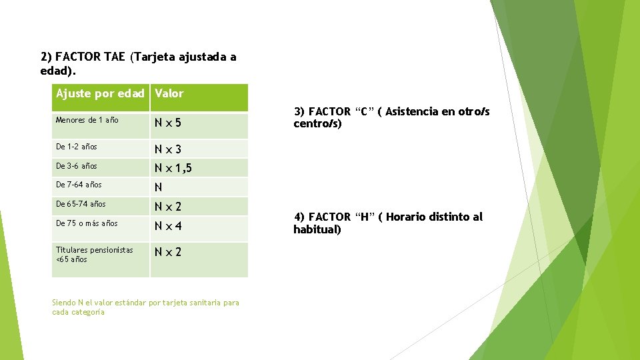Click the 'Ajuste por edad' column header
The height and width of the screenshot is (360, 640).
pyautogui.click(x=100, y=93)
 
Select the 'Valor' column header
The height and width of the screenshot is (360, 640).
pyautogui.click(x=169, y=93)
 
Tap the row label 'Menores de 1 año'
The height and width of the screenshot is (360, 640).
pyautogui.click(x=87, y=120)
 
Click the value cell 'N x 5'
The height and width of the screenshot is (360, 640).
pyautogui.click(x=168, y=123)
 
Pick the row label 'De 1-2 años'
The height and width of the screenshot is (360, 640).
pyautogui.click(x=76, y=146)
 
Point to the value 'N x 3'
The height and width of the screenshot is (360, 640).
pyautogui.click(x=168, y=149)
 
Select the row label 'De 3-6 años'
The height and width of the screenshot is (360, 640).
pyautogui.click(x=76, y=165)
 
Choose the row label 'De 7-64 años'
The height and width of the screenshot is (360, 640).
pyautogui.click(x=79, y=185)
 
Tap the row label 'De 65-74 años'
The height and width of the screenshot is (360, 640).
pyautogui.click(x=81, y=204)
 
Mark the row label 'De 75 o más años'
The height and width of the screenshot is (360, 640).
pyautogui.click(x=87, y=223)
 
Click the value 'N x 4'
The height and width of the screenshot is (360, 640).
pyautogui.click(x=168, y=227)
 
